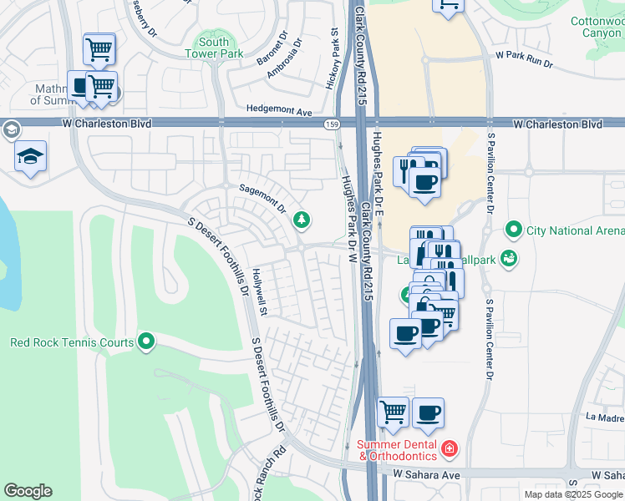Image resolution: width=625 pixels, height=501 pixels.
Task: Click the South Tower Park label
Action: [x=214, y=48]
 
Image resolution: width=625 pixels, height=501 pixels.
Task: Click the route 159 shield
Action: [x=332, y=124]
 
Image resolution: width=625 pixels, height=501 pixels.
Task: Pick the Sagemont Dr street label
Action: [x=262, y=198]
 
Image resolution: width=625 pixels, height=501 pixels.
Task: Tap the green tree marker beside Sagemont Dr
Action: [x=301, y=220]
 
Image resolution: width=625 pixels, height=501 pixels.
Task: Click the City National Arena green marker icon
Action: [x=513, y=230]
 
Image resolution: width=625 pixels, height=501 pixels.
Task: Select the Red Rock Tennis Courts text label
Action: [x=72, y=342]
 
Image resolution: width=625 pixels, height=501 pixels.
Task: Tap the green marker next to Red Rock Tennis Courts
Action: [x=147, y=341]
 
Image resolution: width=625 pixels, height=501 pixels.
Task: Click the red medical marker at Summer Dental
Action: [x=450, y=449]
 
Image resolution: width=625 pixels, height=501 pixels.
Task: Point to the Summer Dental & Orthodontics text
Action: [x=398, y=450]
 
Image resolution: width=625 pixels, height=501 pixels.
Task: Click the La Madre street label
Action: [x=605, y=417]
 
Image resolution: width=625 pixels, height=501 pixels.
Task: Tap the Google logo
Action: [x=28, y=491]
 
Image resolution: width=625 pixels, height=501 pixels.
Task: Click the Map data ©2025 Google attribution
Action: [x=572, y=494]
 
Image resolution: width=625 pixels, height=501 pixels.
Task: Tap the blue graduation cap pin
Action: [x=31, y=157]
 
